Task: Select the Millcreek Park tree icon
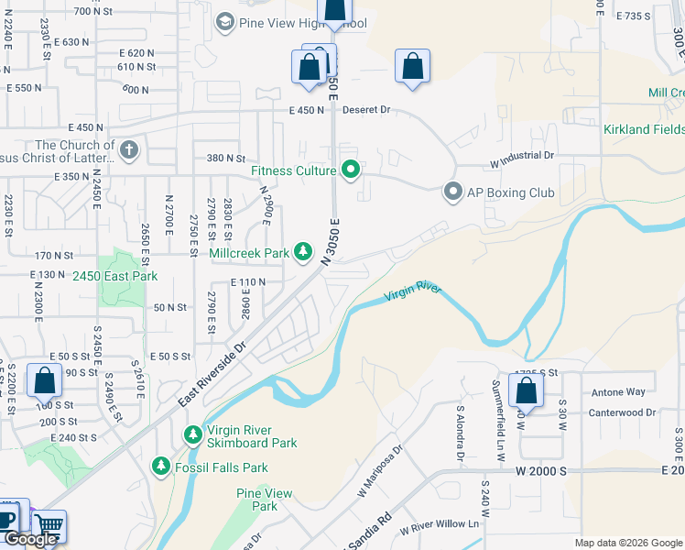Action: [x=303, y=252]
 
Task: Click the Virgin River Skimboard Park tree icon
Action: [x=193, y=434]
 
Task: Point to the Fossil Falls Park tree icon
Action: [x=161, y=467]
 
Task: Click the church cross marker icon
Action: [x=129, y=150]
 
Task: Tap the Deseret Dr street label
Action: [x=366, y=110]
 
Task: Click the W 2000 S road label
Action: [x=540, y=470]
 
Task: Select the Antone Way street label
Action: [x=618, y=392]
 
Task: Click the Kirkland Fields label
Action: [x=644, y=129]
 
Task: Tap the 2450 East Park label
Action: [x=115, y=276]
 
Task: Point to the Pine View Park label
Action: [x=265, y=500]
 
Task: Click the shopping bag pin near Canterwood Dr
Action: [x=527, y=391]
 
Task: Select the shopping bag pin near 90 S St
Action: [x=44, y=380]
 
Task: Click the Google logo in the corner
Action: [x=30, y=539]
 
